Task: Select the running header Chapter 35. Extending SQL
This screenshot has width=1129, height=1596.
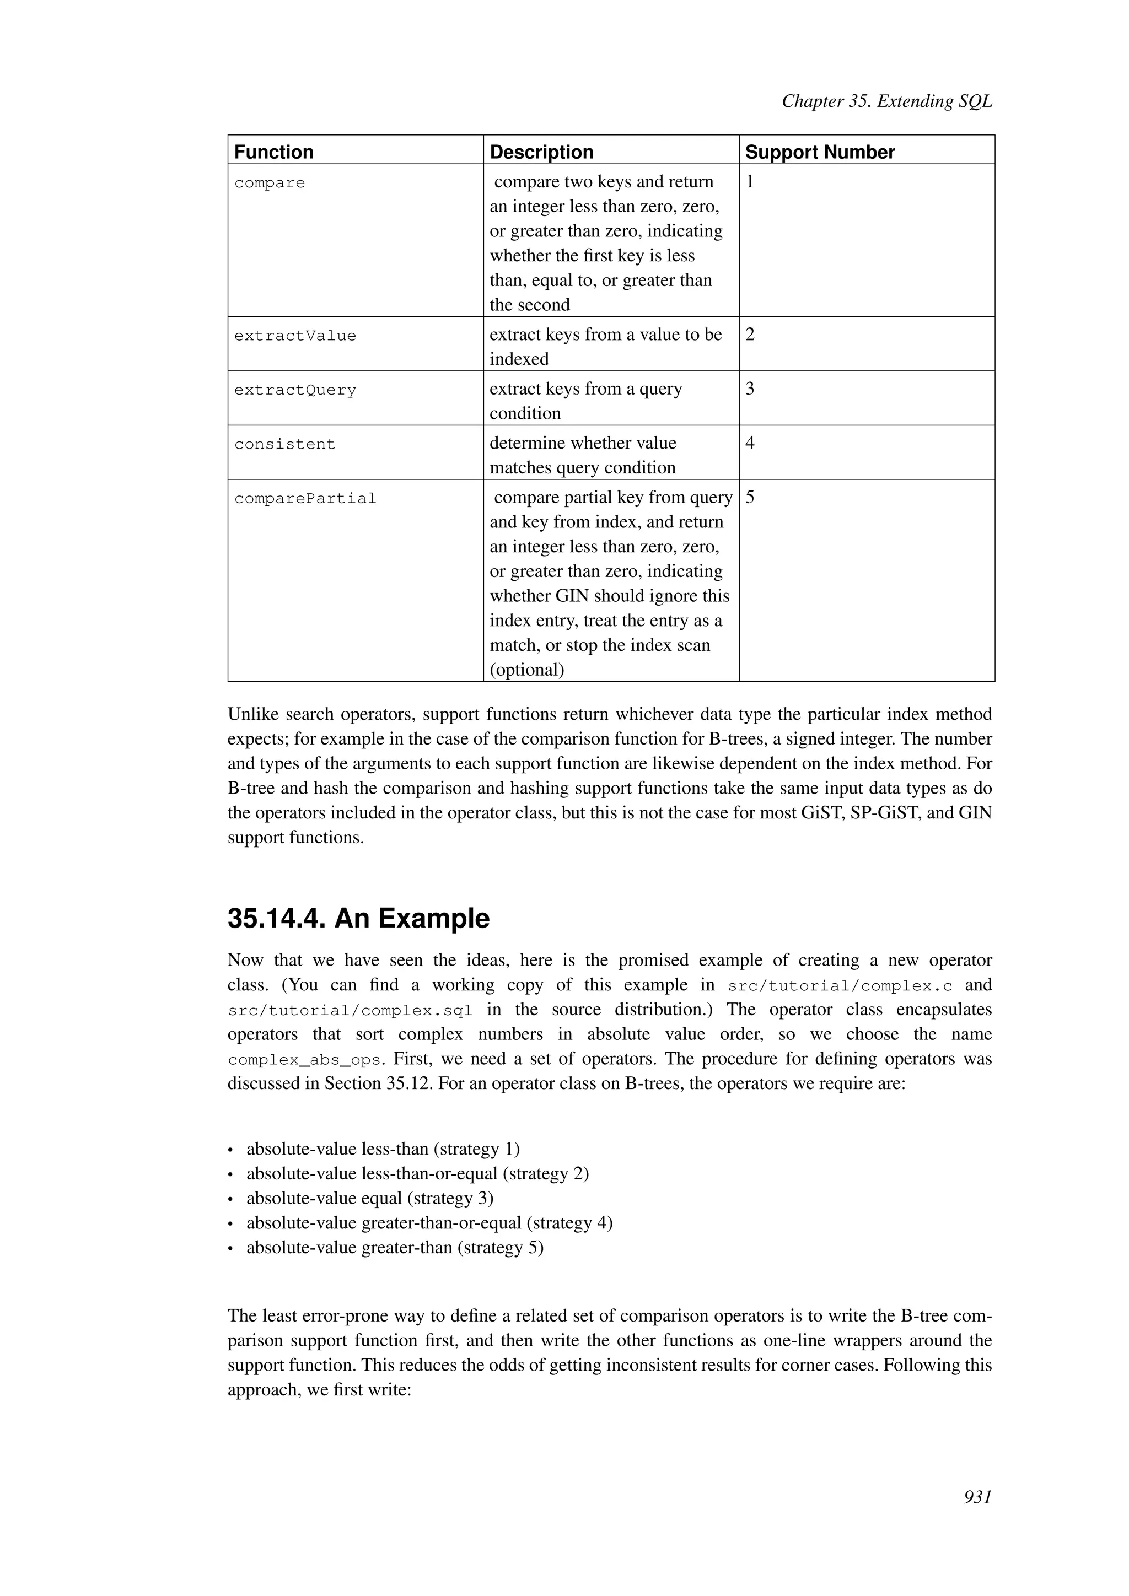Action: (886, 101)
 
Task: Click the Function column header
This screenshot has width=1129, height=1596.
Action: (274, 152)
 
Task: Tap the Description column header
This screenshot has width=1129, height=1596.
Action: (541, 152)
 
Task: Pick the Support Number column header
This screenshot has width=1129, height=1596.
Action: (819, 152)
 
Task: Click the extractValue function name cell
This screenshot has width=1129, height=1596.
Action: (295, 336)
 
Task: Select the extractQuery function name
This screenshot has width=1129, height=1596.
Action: (295, 391)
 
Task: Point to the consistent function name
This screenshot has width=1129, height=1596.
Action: (284, 445)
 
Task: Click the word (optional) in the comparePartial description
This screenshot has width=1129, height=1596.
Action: (526, 670)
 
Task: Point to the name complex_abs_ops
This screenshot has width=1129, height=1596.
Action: (304, 1061)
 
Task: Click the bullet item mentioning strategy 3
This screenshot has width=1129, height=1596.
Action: (369, 1199)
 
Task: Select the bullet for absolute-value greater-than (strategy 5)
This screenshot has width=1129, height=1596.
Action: (394, 1247)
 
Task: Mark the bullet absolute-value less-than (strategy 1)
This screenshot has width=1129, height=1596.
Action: (383, 1149)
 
